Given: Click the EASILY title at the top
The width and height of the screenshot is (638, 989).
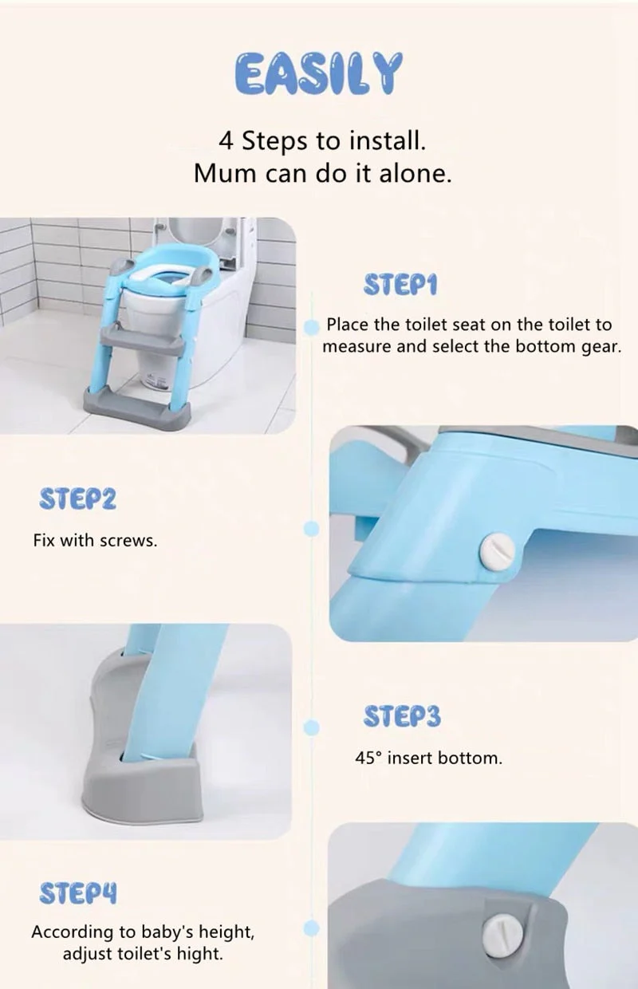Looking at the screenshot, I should coord(319,74).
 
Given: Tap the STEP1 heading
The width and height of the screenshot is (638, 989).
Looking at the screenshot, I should coord(400,285).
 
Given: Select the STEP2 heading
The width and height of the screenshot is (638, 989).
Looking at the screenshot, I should coord(77,500).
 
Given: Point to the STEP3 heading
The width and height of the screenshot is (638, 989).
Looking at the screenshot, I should coord(401,716).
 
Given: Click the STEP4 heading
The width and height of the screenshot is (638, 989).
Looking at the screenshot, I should coord(77,894).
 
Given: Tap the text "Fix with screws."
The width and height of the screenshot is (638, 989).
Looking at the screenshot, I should coord(95,540).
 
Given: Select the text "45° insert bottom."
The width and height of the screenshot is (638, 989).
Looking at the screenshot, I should coord(428,758).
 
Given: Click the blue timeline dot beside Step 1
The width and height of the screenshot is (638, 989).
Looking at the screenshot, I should coord(312,326).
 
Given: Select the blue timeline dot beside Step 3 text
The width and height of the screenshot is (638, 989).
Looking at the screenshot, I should coord(312,727).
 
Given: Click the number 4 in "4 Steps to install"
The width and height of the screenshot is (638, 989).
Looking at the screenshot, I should coord(226,142).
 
